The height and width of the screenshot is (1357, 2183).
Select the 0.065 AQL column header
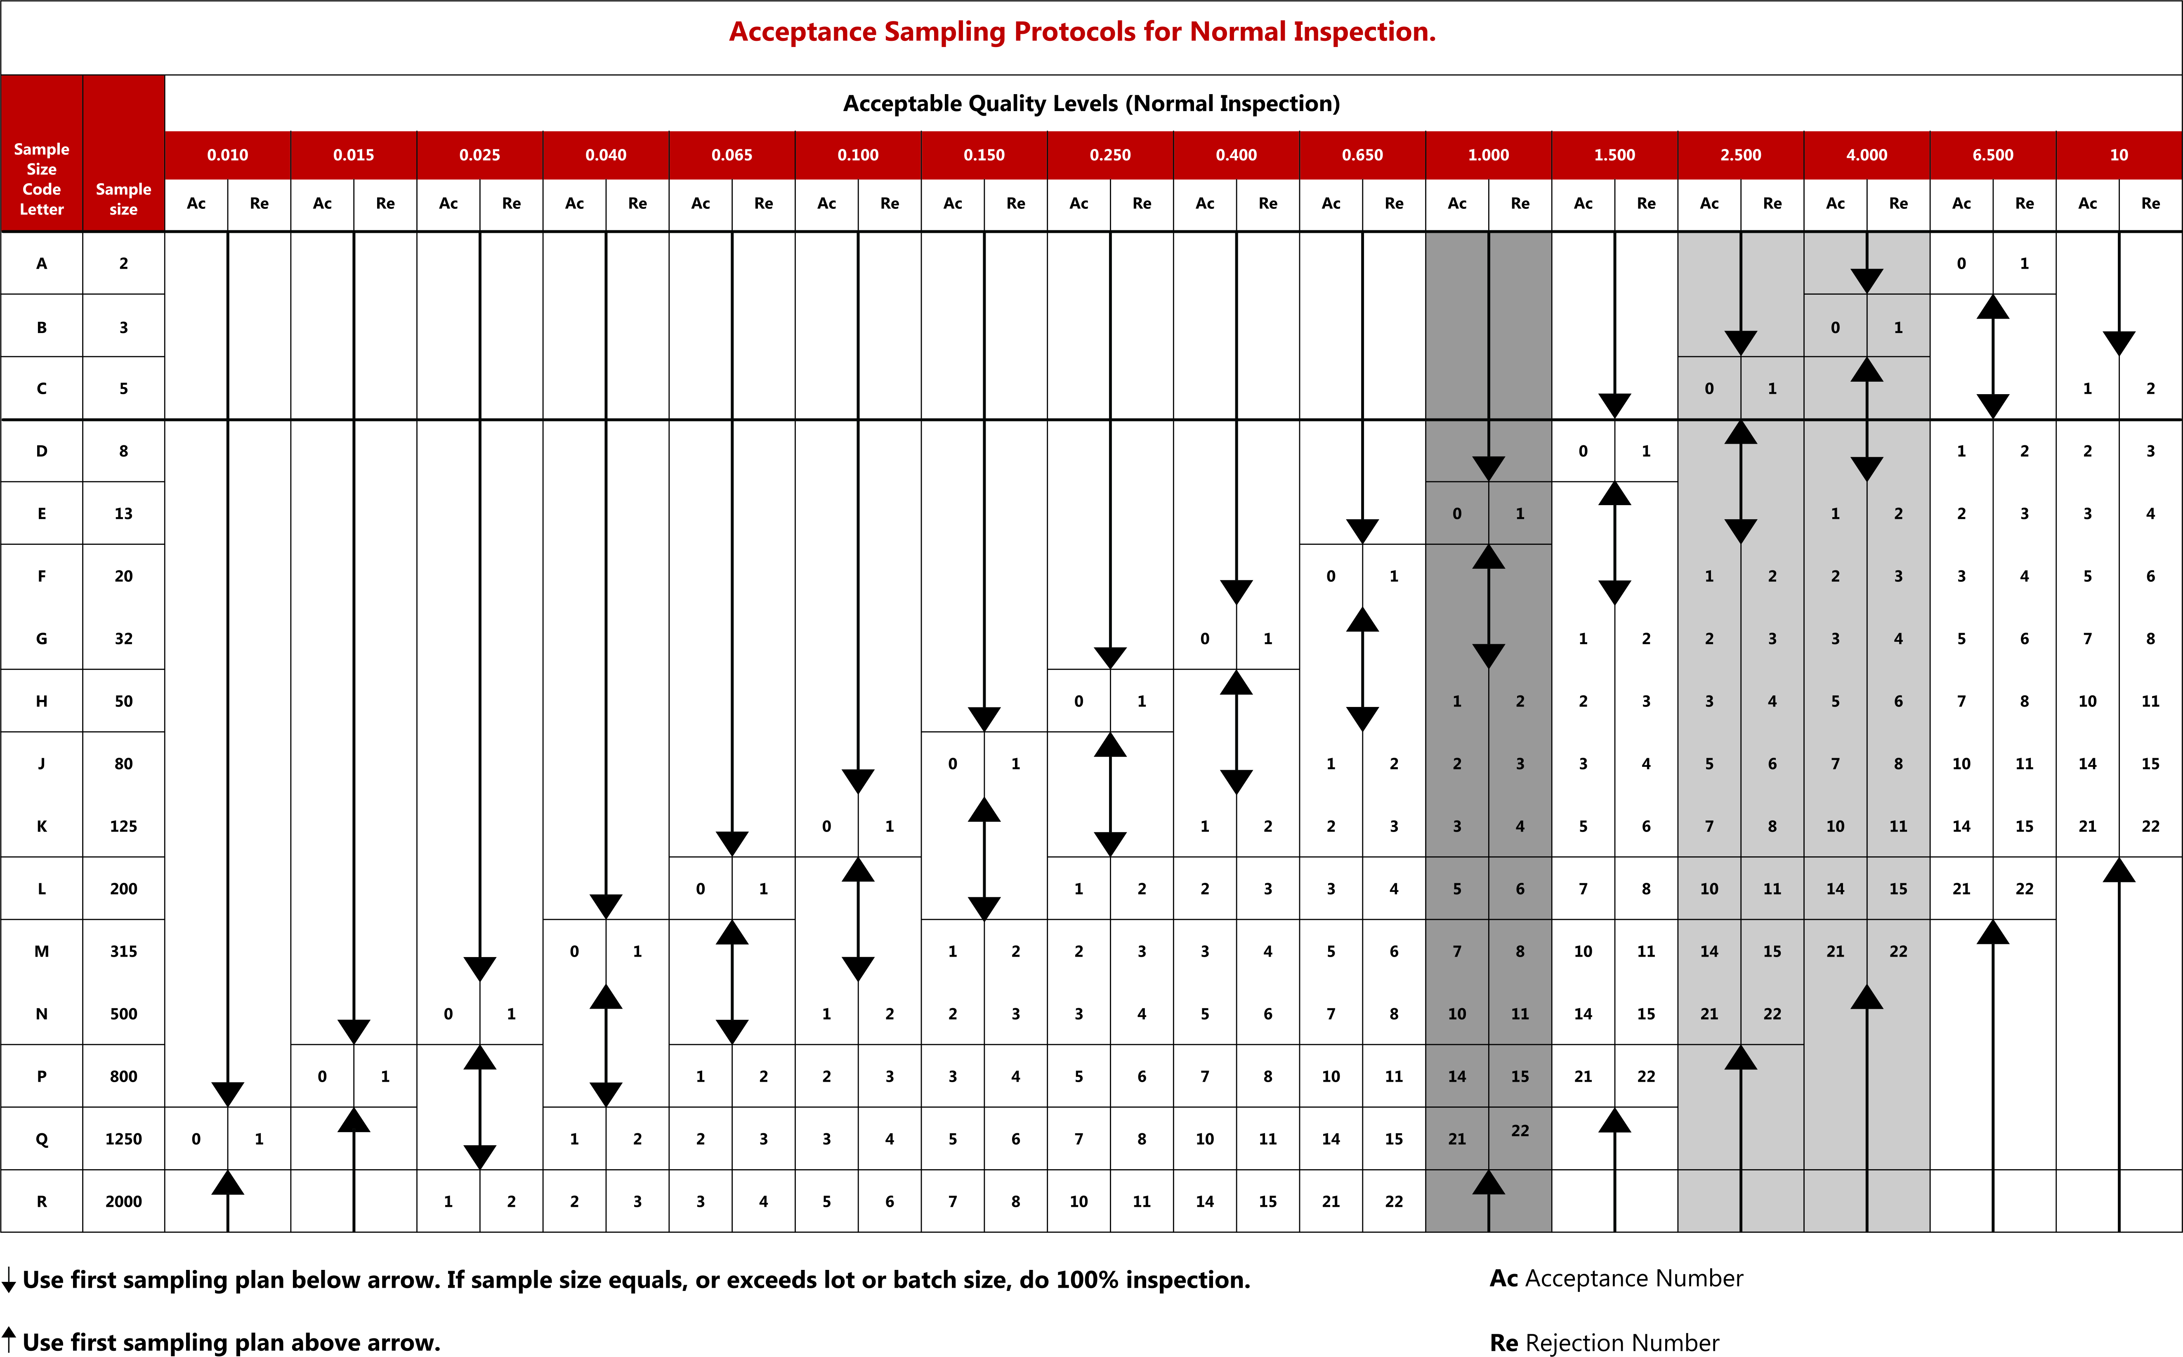click(732, 154)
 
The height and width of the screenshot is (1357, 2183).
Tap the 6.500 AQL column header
click(1993, 154)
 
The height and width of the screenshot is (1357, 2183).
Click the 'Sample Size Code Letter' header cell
click(41, 179)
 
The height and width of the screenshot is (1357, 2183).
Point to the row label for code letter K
click(41, 826)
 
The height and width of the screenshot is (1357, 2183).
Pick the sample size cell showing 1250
click(124, 1139)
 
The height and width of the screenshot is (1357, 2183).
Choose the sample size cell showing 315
click(124, 951)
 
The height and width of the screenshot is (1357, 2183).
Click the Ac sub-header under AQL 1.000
click(1457, 204)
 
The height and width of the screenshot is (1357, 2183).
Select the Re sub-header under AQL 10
click(2151, 204)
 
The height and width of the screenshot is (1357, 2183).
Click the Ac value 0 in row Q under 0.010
click(196, 1139)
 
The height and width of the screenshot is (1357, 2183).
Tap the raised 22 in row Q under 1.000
click(1520, 1131)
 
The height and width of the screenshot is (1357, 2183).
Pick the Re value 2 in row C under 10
click(2151, 389)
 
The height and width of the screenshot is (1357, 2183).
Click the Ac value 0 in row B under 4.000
click(1836, 328)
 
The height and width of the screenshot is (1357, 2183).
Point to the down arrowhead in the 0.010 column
click(228, 1094)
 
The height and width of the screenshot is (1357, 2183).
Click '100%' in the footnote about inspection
click(1088, 1280)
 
